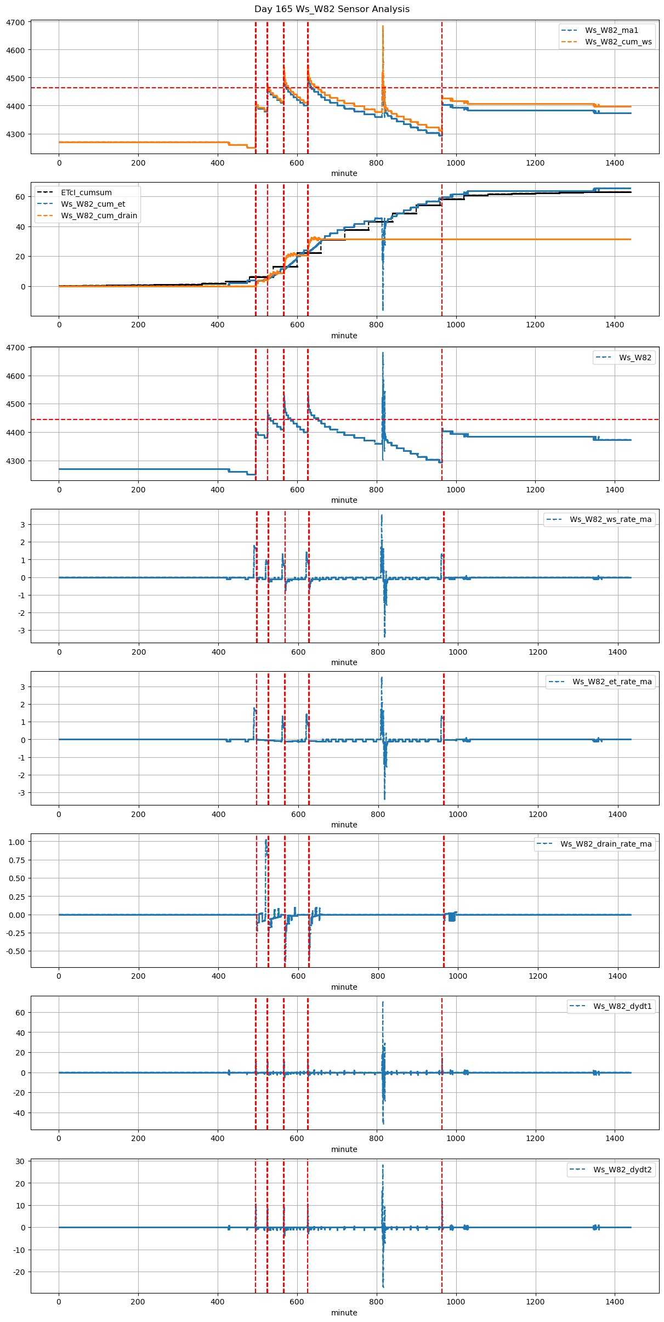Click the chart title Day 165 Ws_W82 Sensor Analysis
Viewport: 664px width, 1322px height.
[332, 9]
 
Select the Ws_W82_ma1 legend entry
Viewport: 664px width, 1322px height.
[611, 30]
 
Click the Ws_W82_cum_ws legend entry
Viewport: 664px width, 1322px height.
[618, 42]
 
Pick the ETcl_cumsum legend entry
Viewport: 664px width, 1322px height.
[86, 192]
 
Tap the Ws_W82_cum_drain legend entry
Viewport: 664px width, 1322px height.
[99, 215]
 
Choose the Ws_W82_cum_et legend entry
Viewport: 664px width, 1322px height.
[93, 204]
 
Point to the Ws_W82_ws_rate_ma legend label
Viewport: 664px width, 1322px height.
[610, 519]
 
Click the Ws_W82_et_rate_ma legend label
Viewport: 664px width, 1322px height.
[612, 682]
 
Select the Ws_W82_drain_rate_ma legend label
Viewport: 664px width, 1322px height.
[606, 844]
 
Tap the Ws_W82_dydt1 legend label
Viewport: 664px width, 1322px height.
[622, 1006]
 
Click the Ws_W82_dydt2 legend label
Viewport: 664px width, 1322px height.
[622, 1170]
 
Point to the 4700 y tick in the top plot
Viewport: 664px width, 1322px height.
[15, 22]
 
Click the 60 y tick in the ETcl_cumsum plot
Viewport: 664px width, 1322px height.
[20, 197]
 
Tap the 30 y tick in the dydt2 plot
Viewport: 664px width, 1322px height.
[20, 1161]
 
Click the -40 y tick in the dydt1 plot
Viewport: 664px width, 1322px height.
[18, 1113]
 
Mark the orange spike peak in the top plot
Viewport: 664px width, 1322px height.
[383, 26]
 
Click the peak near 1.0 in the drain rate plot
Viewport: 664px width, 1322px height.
[266, 840]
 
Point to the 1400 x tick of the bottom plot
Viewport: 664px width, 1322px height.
[615, 1301]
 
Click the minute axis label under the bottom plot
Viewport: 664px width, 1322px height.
[344, 1313]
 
